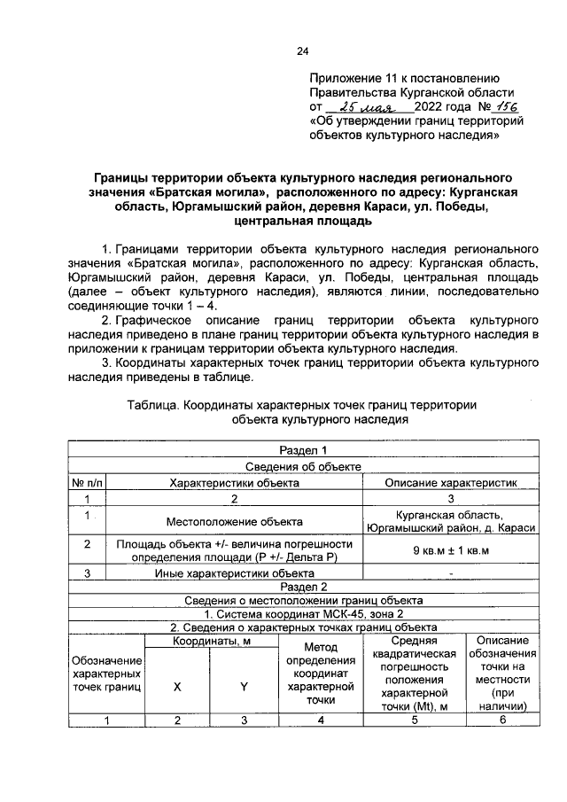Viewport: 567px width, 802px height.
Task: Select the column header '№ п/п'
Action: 89,483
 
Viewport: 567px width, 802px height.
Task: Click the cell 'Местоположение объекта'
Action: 234,522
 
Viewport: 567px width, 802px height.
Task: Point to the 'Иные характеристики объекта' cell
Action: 234,572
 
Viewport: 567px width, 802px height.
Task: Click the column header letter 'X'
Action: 177,684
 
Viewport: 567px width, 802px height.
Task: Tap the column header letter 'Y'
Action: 244,684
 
